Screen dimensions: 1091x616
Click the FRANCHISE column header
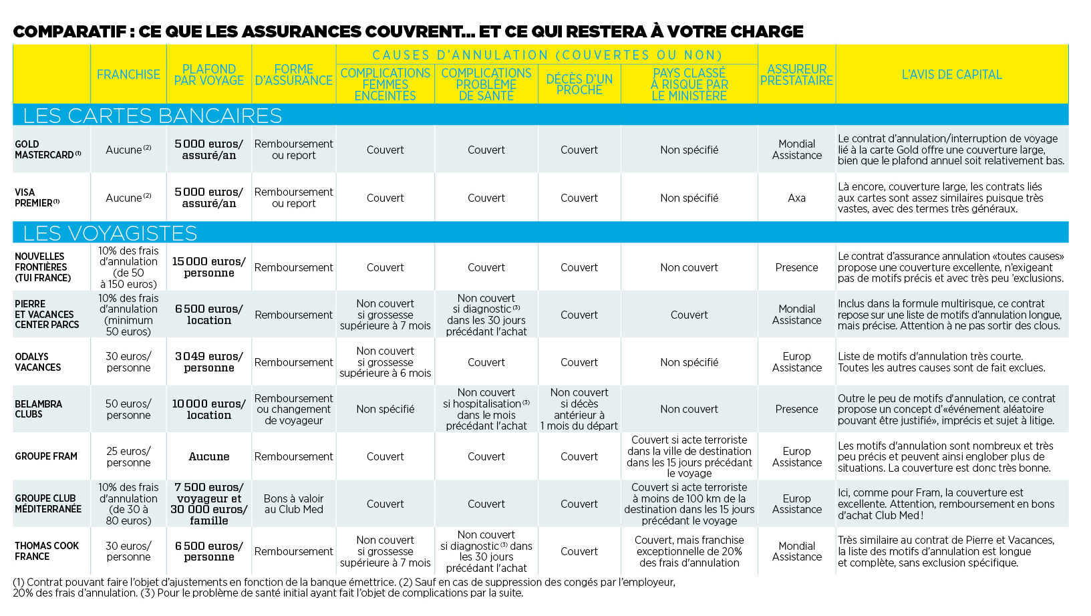128,75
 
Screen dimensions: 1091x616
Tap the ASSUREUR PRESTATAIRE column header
796,75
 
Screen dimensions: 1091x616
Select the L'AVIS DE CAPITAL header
952,75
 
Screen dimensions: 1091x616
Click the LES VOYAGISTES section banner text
110,233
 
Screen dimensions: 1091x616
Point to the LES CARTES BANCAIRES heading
152,116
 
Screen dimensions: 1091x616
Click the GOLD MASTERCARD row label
47,150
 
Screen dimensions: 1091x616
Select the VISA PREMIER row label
37,198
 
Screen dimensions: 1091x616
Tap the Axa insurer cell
796,198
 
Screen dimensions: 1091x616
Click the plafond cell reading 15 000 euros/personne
209,267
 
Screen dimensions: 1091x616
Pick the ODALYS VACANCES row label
37,362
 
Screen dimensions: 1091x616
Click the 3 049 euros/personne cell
209,362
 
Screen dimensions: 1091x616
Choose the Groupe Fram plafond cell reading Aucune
209,456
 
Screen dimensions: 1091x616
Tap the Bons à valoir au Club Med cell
294,504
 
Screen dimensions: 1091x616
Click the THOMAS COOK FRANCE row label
47,551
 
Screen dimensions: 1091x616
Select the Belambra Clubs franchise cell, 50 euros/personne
128,409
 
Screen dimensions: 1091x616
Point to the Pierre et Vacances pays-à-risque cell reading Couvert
689,315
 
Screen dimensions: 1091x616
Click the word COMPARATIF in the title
69,31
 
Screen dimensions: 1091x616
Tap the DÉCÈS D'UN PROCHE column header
579,84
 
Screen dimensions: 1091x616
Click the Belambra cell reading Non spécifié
385,409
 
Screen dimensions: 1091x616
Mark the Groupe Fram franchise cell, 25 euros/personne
128,456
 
